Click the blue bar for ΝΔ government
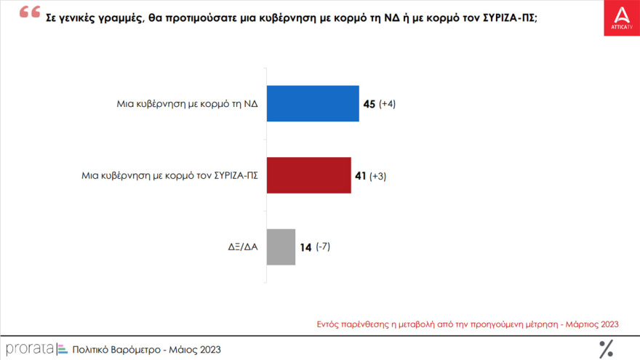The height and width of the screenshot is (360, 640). (x=313, y=103)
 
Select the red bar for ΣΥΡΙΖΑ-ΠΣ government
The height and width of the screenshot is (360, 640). (x=308, y=175)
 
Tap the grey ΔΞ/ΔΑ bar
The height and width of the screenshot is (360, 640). (x=281, y=247)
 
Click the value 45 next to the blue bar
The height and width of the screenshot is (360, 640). (x=369, y=104)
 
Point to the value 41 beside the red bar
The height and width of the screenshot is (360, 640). (x=360, y=176)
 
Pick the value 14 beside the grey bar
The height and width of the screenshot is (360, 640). (x=305, y=247)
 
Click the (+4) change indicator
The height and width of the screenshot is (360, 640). (x=387, y=104)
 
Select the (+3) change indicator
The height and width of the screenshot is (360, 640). (x=377, y=176)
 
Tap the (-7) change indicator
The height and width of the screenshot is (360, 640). (x=322, y=247)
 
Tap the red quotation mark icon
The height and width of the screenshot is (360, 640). (x=29, y=12)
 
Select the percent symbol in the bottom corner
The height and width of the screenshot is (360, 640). (x=605, y=348)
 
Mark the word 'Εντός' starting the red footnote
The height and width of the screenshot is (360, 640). (x=329, y=324)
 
